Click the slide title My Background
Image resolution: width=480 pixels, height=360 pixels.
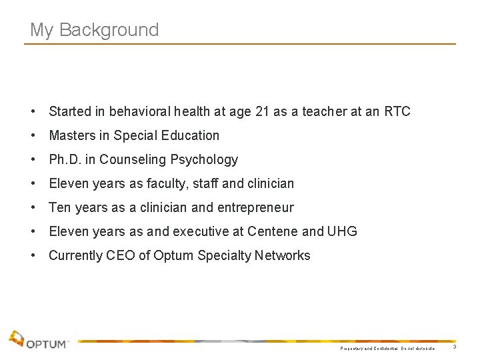pyautogui.click(x=95, y=30)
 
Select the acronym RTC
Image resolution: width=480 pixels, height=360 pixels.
pyautogui.click(x=397, y=111)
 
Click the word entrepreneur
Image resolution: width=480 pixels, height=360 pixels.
pyautogui.click(x=255, y=207)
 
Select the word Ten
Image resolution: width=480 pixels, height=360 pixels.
pyautogui.click(x=61, y=207)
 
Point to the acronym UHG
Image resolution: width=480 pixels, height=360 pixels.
pyautogui.click(x=343, y=231)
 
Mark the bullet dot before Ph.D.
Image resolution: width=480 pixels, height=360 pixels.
pyautogui.click(x=33, y=159)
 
